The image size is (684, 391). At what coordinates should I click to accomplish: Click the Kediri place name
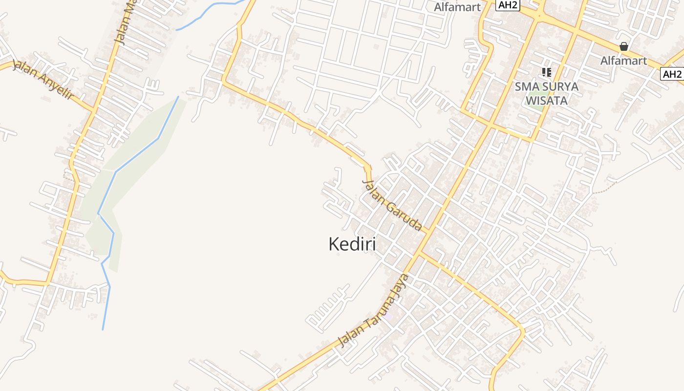(x=352, y=244)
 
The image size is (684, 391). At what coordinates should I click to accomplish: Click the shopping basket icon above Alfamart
(x=624, y=46)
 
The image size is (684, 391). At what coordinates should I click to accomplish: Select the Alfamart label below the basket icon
(x=623, y=61)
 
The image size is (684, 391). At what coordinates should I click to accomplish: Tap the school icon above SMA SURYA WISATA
(x=546, y=72)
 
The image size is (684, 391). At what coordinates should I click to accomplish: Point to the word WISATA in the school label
(x=546, y=101)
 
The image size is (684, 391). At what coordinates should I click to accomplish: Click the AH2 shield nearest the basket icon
(x=672, y=74)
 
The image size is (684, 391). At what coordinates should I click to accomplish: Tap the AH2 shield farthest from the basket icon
(x=508, y=5)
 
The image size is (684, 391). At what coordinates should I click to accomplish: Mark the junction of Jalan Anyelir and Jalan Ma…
(x=94, y=110)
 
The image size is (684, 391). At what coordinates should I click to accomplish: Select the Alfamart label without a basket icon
(x=457, y=7)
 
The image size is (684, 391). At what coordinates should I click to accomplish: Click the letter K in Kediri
(x=334, y=244)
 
